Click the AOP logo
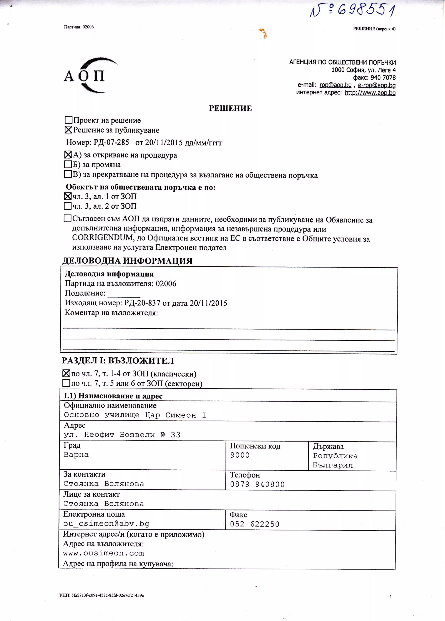click(88, 75)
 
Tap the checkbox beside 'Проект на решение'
click(68, 120)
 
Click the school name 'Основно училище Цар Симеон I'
click(135, 415)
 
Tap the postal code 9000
click(240, 455)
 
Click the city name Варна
click(76, 455)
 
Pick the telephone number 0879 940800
click(257, 484)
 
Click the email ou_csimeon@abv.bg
click(106, 524)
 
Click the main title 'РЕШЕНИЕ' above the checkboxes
click(230, 108)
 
